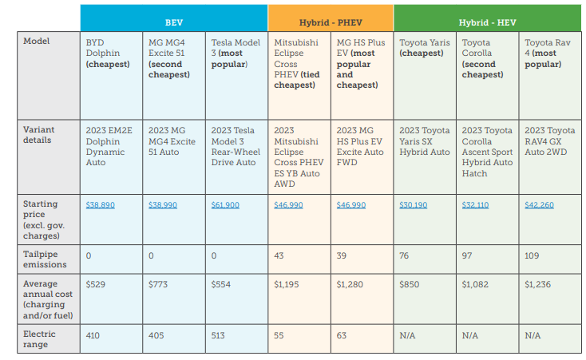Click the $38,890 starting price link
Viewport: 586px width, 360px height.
[100, 205]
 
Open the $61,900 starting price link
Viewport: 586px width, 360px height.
[225, 205]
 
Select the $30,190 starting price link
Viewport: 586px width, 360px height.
[413, 205]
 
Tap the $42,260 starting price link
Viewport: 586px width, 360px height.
[539, 205]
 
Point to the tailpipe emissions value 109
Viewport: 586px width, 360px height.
[533, 255]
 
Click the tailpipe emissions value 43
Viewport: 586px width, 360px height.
[279, 255]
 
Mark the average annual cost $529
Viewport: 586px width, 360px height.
[96, 284]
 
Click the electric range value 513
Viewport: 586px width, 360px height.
[219, 336]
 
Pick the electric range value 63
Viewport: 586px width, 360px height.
[342, 336]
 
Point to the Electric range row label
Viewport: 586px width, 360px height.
[41, 340]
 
